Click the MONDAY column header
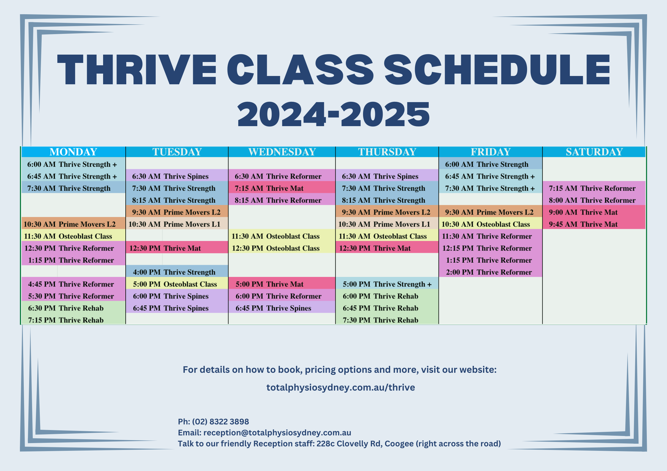[73, 152]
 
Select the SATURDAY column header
[594, 152]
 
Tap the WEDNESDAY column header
[282, 152]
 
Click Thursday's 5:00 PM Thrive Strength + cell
[387, 284]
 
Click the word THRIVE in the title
[137, 70]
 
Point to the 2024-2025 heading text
[333, 115]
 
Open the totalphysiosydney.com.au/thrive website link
[340, 387]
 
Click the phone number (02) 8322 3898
[220, 421]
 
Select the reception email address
[277, 432]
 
